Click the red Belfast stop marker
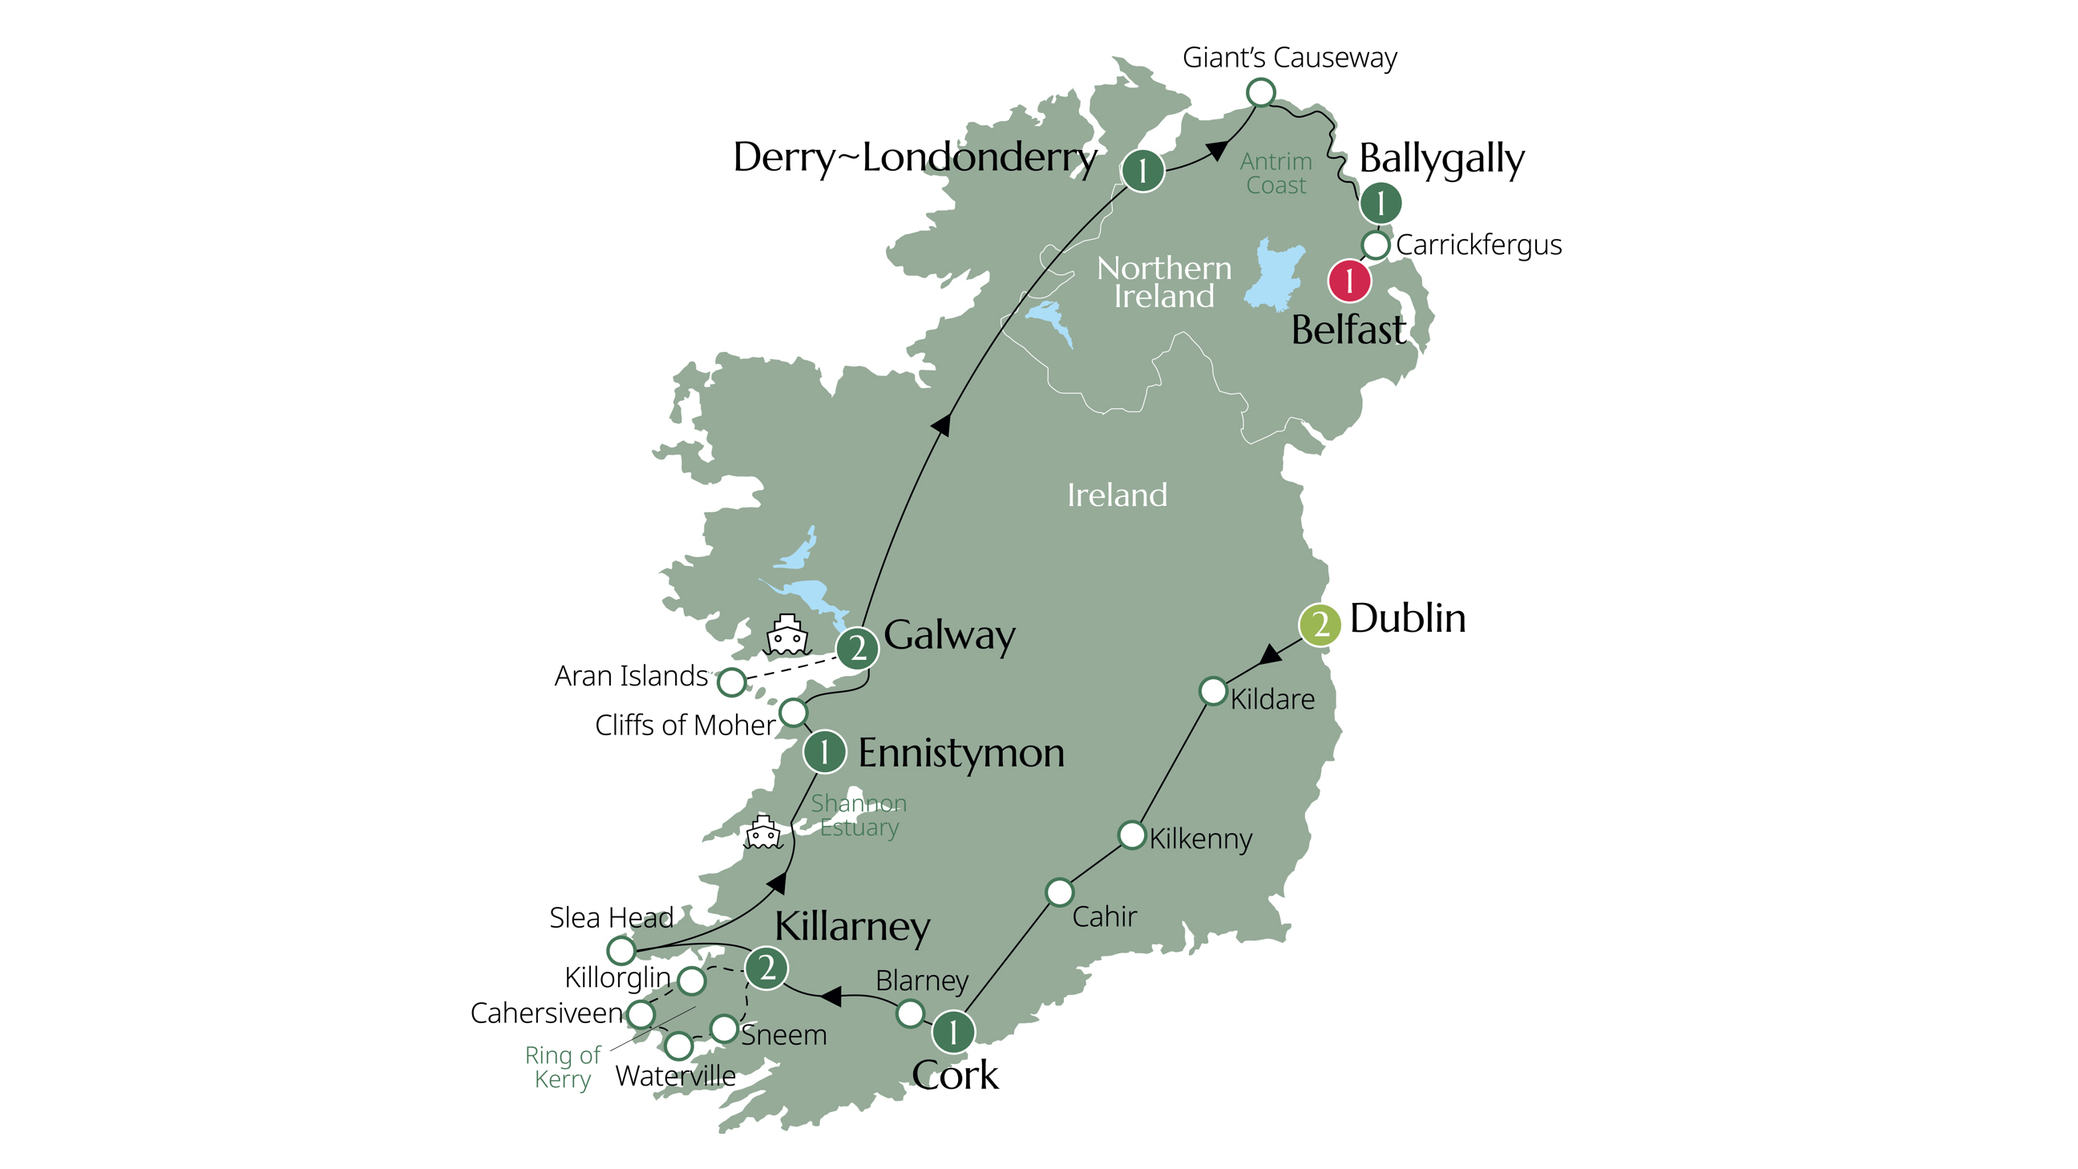(1348, 281)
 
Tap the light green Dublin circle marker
(1320, 624)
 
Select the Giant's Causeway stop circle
(1260, 93)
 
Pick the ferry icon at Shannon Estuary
(762, 832)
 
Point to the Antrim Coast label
(1276, 173)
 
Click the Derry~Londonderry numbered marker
(1142, 170)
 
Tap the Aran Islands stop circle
(732, 682)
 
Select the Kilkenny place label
(1199, 839)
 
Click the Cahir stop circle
(1059, 892)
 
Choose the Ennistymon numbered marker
(823, 752)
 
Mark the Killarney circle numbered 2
(766, 967)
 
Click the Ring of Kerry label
(562, 1066)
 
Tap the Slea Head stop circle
(621, 950)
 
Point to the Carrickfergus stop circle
(1376, 244)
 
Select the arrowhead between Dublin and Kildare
(1271, 654)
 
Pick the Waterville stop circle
(678, 1046)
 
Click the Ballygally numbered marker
(1381, 203)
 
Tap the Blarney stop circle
(910, 1013)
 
